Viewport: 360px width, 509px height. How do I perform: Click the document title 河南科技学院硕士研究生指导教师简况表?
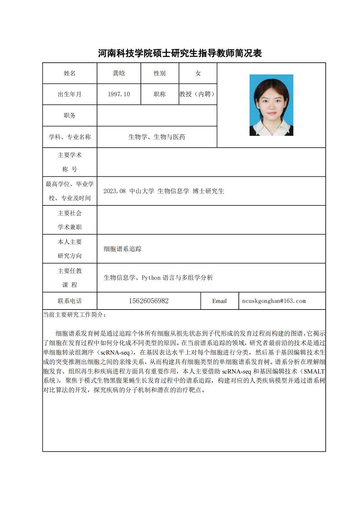(180, 53)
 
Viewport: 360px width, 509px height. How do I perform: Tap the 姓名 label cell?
(70, 73)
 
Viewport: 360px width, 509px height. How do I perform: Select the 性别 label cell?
(159, 73)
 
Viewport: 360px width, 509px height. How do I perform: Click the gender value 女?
(198, 73)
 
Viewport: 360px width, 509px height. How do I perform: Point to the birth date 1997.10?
(119, 94)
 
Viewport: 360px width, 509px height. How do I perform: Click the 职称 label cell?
(159, 94)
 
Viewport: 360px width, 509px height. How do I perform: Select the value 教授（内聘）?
(198, 94)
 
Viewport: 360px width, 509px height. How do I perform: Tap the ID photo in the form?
(271, 105)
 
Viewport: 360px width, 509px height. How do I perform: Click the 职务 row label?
(70, 116)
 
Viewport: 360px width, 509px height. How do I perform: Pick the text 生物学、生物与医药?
(157, 137)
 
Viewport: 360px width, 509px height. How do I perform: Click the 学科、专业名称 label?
(70, 137)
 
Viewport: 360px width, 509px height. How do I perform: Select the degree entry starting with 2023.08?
(164, 191)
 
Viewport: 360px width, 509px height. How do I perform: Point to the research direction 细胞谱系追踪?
(123, 249)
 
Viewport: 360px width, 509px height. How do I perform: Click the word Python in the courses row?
(151, 278)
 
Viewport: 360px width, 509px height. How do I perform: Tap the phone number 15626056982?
(149, 301)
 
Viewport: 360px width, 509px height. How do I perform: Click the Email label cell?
(219, 301)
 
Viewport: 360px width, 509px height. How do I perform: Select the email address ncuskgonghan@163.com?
(274, 301)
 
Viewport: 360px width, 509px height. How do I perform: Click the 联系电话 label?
(70, 301)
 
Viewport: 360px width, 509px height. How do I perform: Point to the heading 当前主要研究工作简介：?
(75, 315)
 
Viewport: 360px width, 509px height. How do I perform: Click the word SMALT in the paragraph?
(314, 372)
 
